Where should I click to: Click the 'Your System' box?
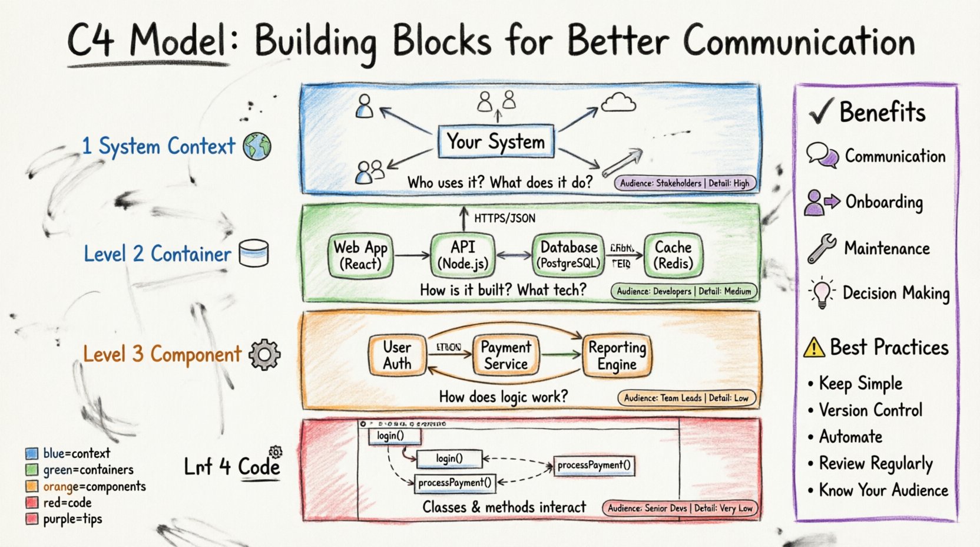[496, 141]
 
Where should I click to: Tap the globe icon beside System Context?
[257, 146]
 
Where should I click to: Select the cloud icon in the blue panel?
[618, 103]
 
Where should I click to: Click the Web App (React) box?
[360, 255]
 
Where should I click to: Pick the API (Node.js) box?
[462, 255]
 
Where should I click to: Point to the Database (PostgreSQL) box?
[569, 255]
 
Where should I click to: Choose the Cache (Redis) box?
[673, 255]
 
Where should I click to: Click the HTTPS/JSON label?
[505, 218]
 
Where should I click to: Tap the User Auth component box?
[397, 355]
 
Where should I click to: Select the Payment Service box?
[506, 355]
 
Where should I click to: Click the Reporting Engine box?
[617, 355]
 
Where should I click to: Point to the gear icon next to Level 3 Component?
[264, 354]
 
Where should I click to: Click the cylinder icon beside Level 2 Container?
[254, 253]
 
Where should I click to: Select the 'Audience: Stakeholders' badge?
[684, 183]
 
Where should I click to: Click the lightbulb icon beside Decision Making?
[822, 292]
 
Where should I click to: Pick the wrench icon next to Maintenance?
[822, 248]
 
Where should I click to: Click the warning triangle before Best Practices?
[814, 347]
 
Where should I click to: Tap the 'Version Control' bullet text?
[870, 410]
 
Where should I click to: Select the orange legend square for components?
[32, 486]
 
